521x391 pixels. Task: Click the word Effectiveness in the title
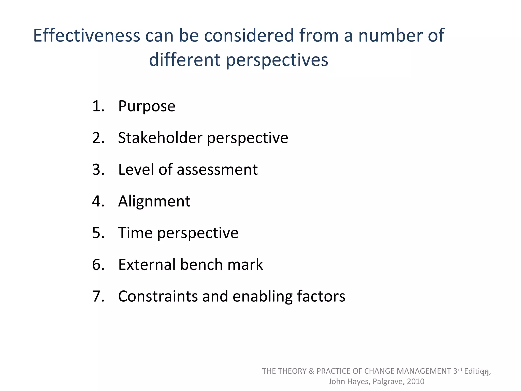(86, 35)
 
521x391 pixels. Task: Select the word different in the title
(184, 60)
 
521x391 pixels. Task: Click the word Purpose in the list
(147, 106)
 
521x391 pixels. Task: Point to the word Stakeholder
(160, 138)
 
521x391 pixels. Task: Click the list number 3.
(98, 170)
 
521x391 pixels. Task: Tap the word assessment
(217, 170)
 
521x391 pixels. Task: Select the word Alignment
(154, 202)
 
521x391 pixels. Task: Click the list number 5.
(98, 233)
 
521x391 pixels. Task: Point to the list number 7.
(98, 296)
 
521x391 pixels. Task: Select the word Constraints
(158, 296)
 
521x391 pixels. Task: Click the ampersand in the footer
(311, 371)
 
